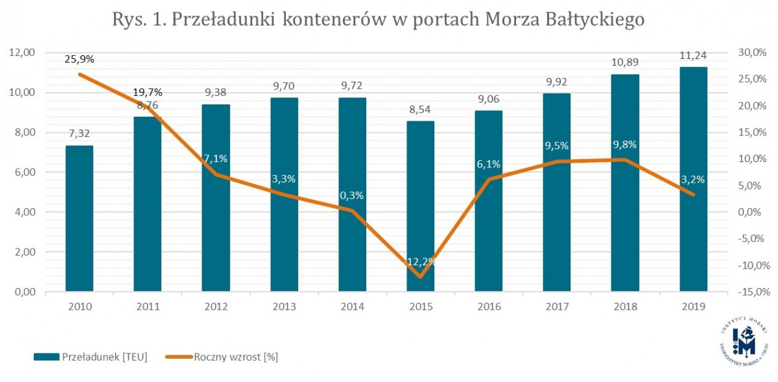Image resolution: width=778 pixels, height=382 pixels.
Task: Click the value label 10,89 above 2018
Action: (x=625, y=64)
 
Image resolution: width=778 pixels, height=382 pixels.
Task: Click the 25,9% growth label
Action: (x=79, y=60)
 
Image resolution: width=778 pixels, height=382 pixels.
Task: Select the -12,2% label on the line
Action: (x=420, y=262)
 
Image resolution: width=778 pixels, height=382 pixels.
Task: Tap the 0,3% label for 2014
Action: (x=352, y=195)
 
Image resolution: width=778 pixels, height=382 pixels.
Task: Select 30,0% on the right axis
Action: (x=753, y=53)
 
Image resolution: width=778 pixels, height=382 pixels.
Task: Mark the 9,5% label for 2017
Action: (x=557, y=146)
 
